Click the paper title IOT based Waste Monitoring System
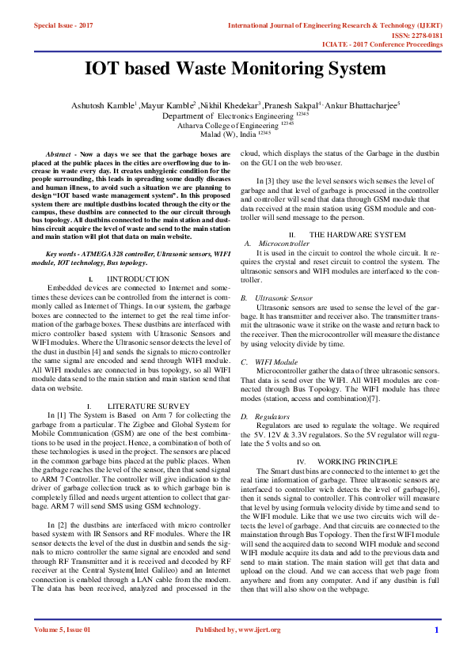click(235, 68)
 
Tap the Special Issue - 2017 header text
click(63, 25)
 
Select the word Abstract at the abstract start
click(59, 150)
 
